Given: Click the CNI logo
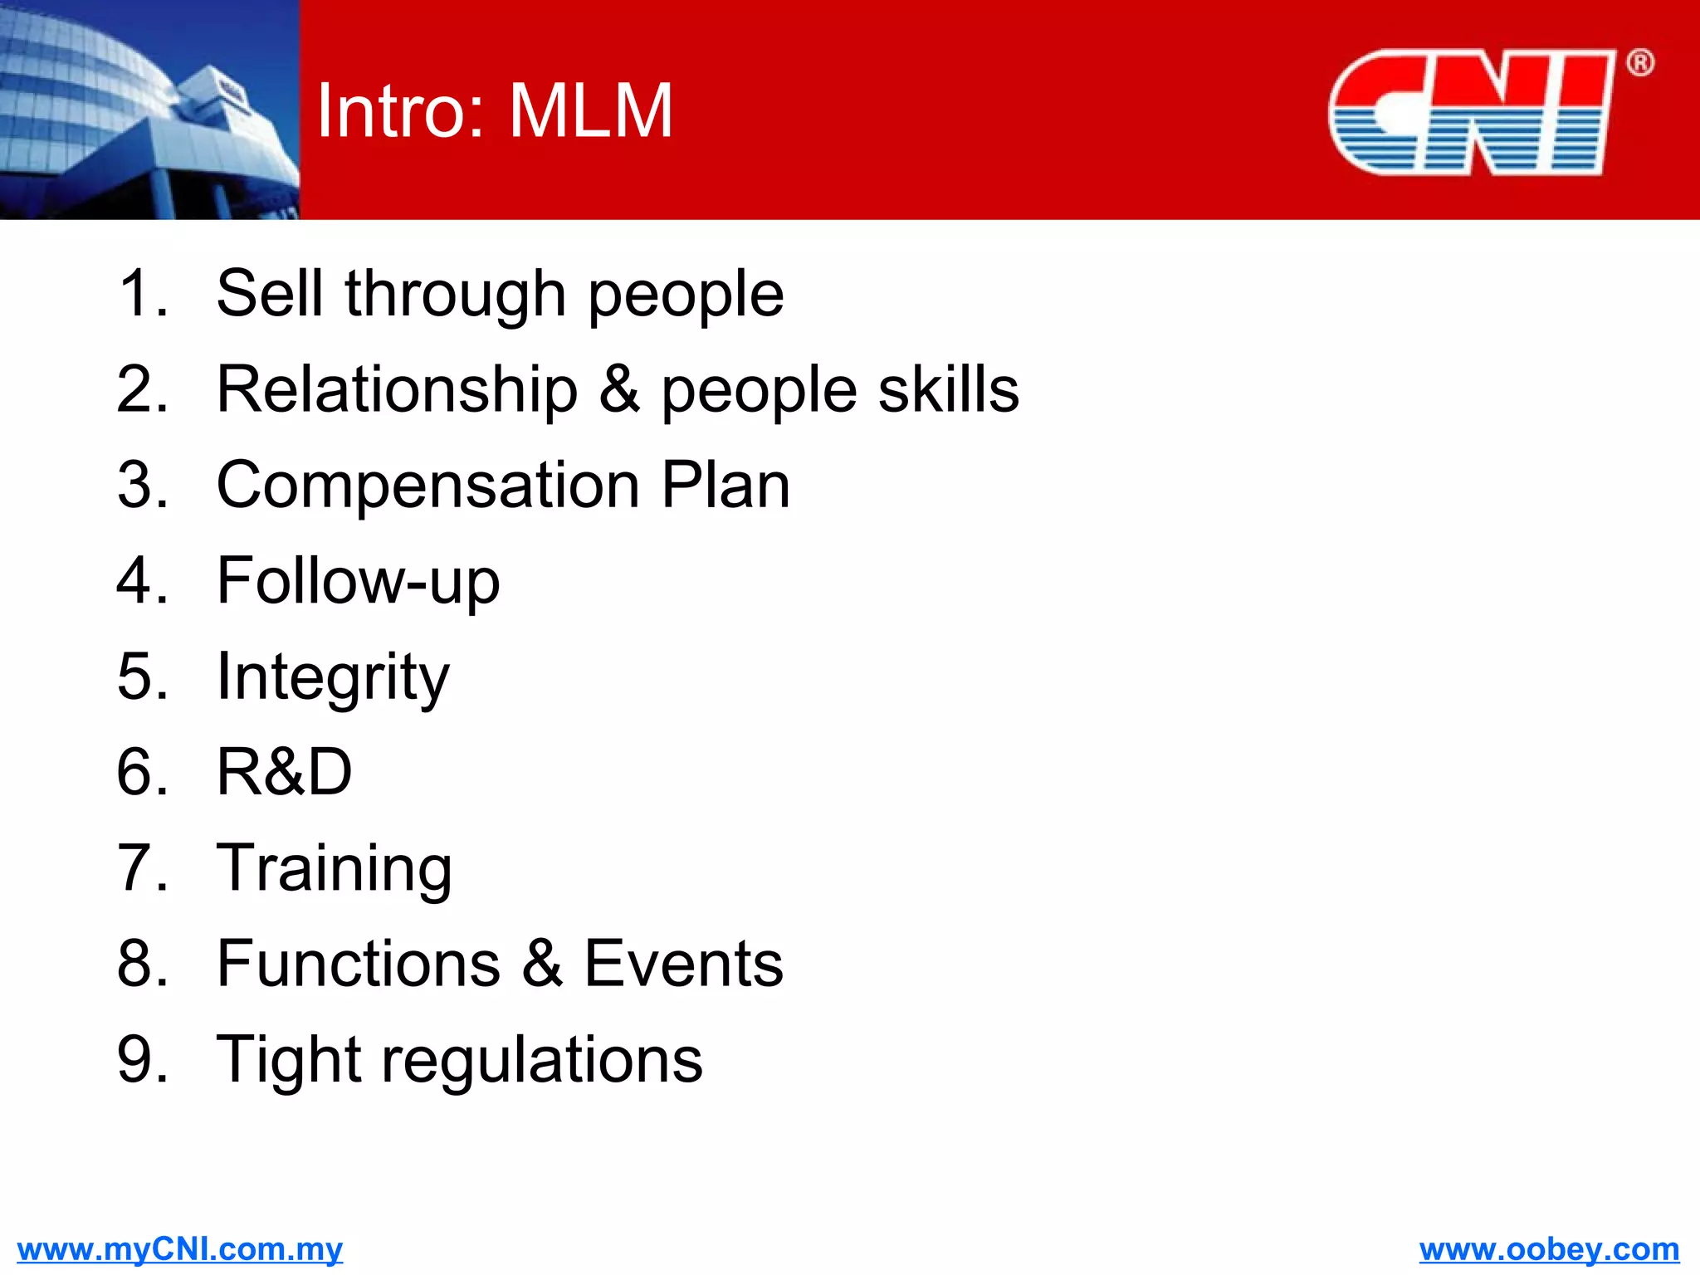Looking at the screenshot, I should click(1471, 112).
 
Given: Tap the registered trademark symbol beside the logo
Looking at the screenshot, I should click(1639, 63).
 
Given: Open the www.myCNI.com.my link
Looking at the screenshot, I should click(179, 1249).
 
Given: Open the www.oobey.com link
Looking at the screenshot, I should click(1549, 1249).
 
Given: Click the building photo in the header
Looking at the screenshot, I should click(149, 110).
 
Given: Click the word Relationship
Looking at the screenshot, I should click(397, 389).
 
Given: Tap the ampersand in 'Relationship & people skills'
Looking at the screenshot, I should click(619, 389).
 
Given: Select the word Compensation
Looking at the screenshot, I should click(427, 485).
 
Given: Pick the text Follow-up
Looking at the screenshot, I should click(358, 581).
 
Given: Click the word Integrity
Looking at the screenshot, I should click(333, 677).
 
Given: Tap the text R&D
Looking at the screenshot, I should click(284, 772).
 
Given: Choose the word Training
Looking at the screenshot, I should click(335, 868).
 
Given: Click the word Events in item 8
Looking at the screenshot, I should click(683, 964).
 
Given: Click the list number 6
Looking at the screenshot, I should click(136, 772).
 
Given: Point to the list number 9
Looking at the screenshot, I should click(136, 1060).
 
